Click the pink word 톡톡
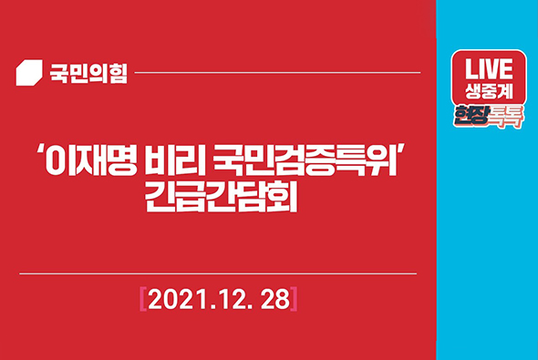(x=505, y=116)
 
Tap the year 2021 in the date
(x=180, y=298)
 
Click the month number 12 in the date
(x=231, y=298)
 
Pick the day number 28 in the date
(x=273, y=298)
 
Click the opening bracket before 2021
(x=143, y=298)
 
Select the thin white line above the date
(x=219, y=273)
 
